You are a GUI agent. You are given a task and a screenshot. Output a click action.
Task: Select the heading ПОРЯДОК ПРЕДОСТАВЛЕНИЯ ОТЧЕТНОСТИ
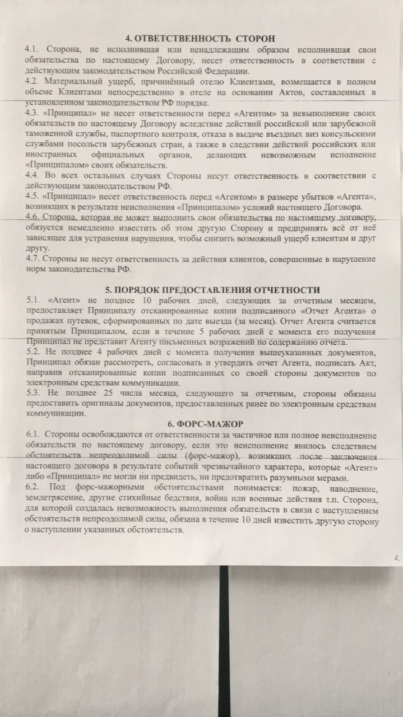[212, 290]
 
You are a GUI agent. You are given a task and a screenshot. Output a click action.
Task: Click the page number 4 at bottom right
[396, 557]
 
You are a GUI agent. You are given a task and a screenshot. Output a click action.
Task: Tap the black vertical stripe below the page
[224, 645]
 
